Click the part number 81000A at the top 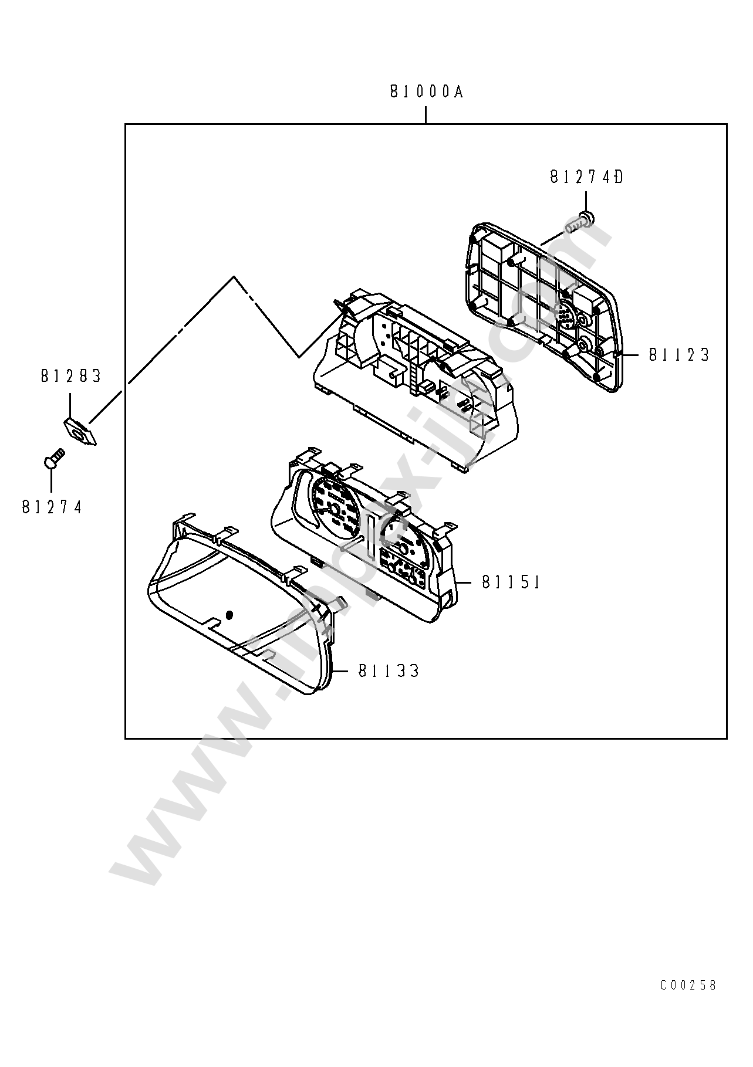click(426, 92)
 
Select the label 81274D click(586, 177)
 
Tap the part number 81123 click(679, 355)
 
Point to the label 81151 click(511, 582)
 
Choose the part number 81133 click(389, 670)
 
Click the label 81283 click(71, 376)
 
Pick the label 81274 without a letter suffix click(52, 507)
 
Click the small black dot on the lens click(229, 615)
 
